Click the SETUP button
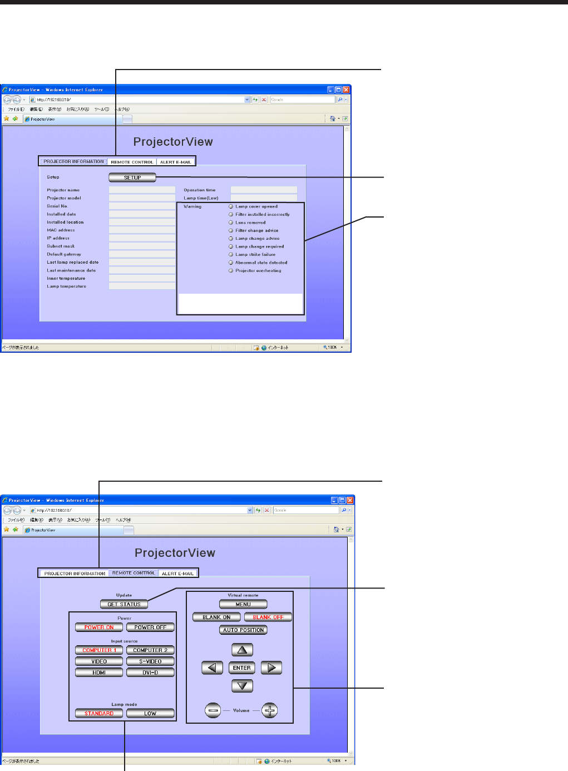[x=132, y=177]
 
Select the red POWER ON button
[x=99, y=627]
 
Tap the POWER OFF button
[x=150, y=627]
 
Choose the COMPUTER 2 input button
[x=150, y=650]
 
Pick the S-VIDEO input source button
[x=150, y=661]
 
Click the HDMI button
[x=99, y=673]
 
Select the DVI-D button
[x=150, y=673]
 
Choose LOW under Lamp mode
[x=150, y=713]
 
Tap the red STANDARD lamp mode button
[x=99, y=713]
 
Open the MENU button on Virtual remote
[x=243, y=604]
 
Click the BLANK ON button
[x=216, y=617]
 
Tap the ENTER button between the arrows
[x=242, y=668]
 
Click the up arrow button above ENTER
[x=242, y=650]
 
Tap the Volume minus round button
[x=213, y=710]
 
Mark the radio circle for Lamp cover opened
[x=231, y=206]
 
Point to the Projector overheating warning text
[x=258, y=271]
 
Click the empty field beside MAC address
[x=142, y=230]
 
